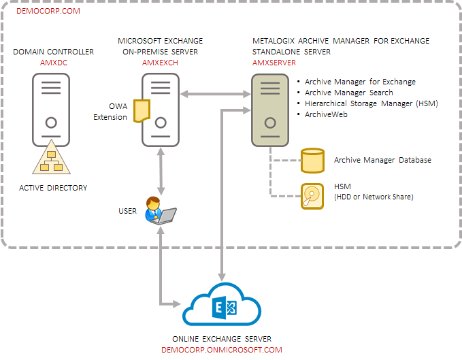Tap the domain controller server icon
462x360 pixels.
tap(51, 109)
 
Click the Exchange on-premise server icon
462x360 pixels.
tap(161, 109)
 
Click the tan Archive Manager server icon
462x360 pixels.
tap(270, 109)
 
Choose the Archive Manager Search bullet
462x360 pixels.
tap(348, 93)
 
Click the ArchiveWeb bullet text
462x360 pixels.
tap(327, 114)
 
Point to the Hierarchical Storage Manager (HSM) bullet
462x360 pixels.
tap(371, 103)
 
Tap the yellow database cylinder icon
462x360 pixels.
tap(312, 161)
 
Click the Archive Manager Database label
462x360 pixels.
tap(382, 161)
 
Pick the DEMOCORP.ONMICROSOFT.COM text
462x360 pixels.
tap(222, 350)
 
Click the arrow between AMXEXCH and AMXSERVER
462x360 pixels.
tap(215, 92)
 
